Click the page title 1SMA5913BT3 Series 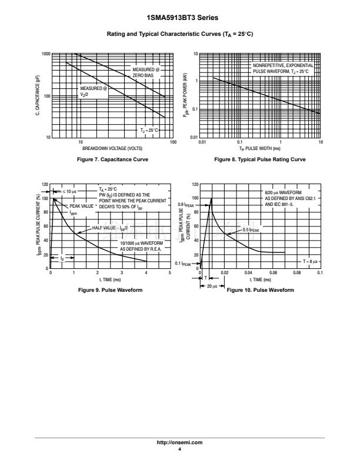[179, 18]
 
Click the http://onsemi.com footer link [179, 442]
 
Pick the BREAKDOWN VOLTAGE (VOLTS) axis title [112, 148]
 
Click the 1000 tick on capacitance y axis [45, 54]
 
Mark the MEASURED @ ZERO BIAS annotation [142, 73]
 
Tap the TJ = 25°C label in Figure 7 [149, 129]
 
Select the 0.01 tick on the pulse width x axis [202, 142]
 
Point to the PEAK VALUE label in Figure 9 [81, 207]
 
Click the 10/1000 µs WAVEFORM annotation [141, 243]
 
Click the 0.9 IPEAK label [194, 205]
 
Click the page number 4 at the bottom [179, 449]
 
